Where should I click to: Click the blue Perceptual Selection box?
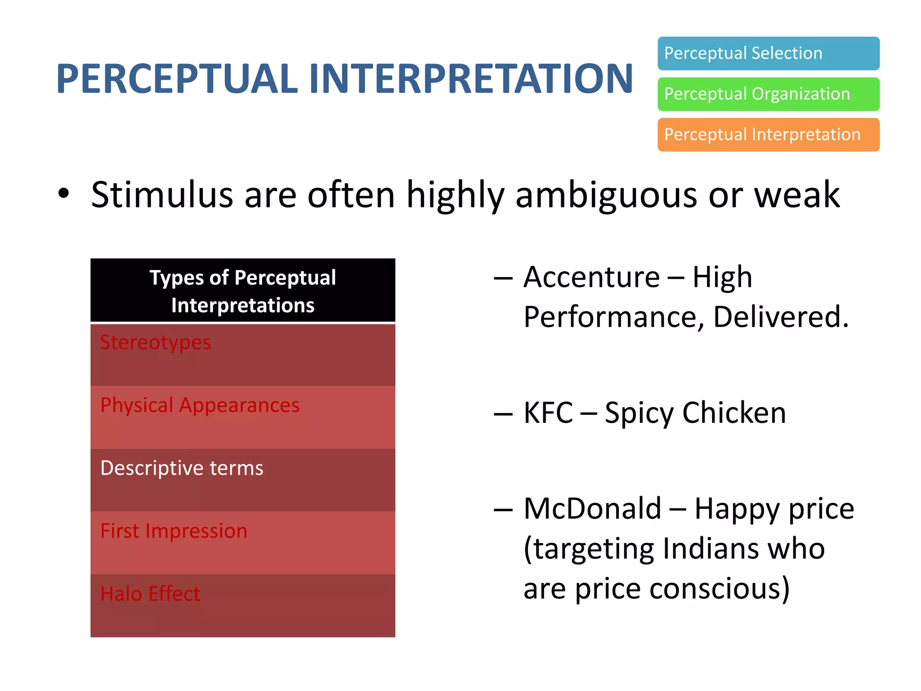tap(768, 54)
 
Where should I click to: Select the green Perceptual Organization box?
tap(768, 94)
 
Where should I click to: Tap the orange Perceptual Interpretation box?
tap(768, 135)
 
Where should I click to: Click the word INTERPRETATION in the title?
tap(471, 79)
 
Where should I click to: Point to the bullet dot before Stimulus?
tap(64, 194)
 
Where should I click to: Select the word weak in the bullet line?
tap(796, 194)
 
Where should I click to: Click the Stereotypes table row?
tap(243, 354)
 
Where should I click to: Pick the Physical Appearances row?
tap(243, 417)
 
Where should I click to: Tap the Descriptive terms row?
tap(243, 480)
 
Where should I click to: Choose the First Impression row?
tap(243, 543)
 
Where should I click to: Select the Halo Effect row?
tap(243, 605)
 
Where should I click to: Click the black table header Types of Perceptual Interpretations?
tap(243, 291)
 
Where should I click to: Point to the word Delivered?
tap(781, 317)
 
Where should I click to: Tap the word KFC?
tap(548, 413)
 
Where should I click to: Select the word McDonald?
tap(592, 509)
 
